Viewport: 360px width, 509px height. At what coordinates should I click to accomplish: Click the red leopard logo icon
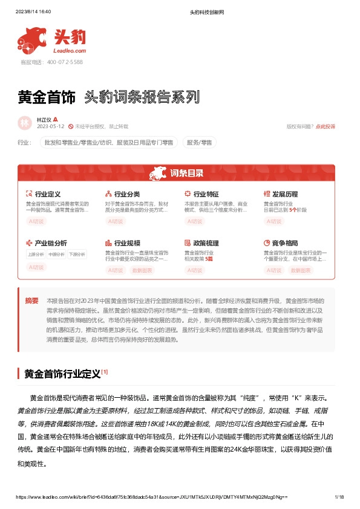tap(33, 39)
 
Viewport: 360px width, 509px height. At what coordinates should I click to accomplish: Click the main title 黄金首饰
tap(47, 96)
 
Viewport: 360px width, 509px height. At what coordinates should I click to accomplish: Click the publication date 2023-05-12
tap(50, 126)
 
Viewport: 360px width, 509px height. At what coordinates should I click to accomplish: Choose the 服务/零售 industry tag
tap(200, 143)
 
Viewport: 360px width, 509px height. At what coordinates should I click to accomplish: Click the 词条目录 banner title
tap(186, 173)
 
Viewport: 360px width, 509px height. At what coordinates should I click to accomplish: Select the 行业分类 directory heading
tap(127, 194)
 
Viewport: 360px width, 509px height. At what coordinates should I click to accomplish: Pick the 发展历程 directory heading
tap(284, 194)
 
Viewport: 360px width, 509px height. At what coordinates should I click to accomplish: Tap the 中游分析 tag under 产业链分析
tap(56, 254)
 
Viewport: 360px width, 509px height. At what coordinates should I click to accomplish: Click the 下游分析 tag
tap(77, 254)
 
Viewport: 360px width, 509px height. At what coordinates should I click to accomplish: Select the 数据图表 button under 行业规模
tap(143, 270)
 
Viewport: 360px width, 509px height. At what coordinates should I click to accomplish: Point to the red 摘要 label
tap(31, 300)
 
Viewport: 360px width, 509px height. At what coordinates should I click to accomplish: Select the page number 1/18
tap(339, 497)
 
